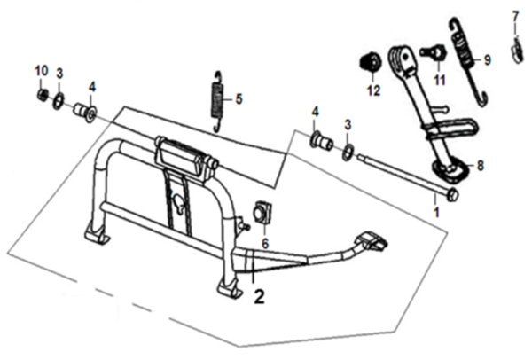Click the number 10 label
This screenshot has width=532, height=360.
point(41,70)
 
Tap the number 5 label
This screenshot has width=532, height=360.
point(239,98)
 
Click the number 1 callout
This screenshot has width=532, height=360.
point(435,213)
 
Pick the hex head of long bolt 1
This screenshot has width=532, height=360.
point(453,192)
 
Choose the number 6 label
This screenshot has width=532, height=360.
point(263,241)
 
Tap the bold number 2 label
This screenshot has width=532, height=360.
point(259,298)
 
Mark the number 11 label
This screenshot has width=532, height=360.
point(436,81)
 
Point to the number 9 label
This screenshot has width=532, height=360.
point(487,60)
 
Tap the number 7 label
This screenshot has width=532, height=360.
point(516,16)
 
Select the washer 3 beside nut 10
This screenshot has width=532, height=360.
point(58,98)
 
